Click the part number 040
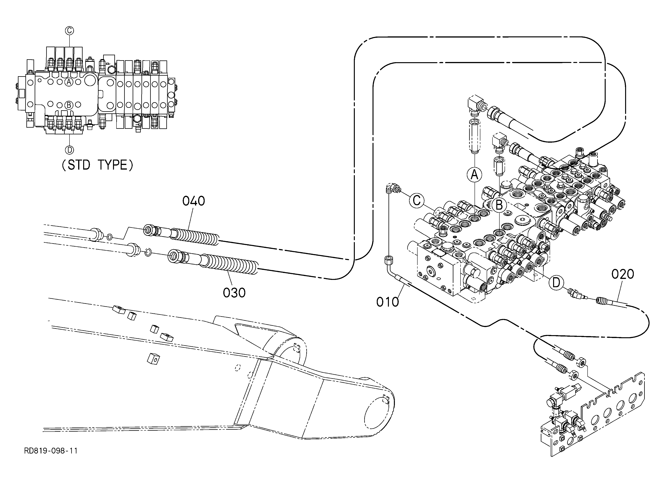[193, 201]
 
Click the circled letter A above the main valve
[474, 175]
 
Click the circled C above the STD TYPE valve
[69, 30]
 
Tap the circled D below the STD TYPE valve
[69, 150]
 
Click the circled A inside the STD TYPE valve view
[69, 82]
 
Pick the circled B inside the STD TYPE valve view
[69, 105]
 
